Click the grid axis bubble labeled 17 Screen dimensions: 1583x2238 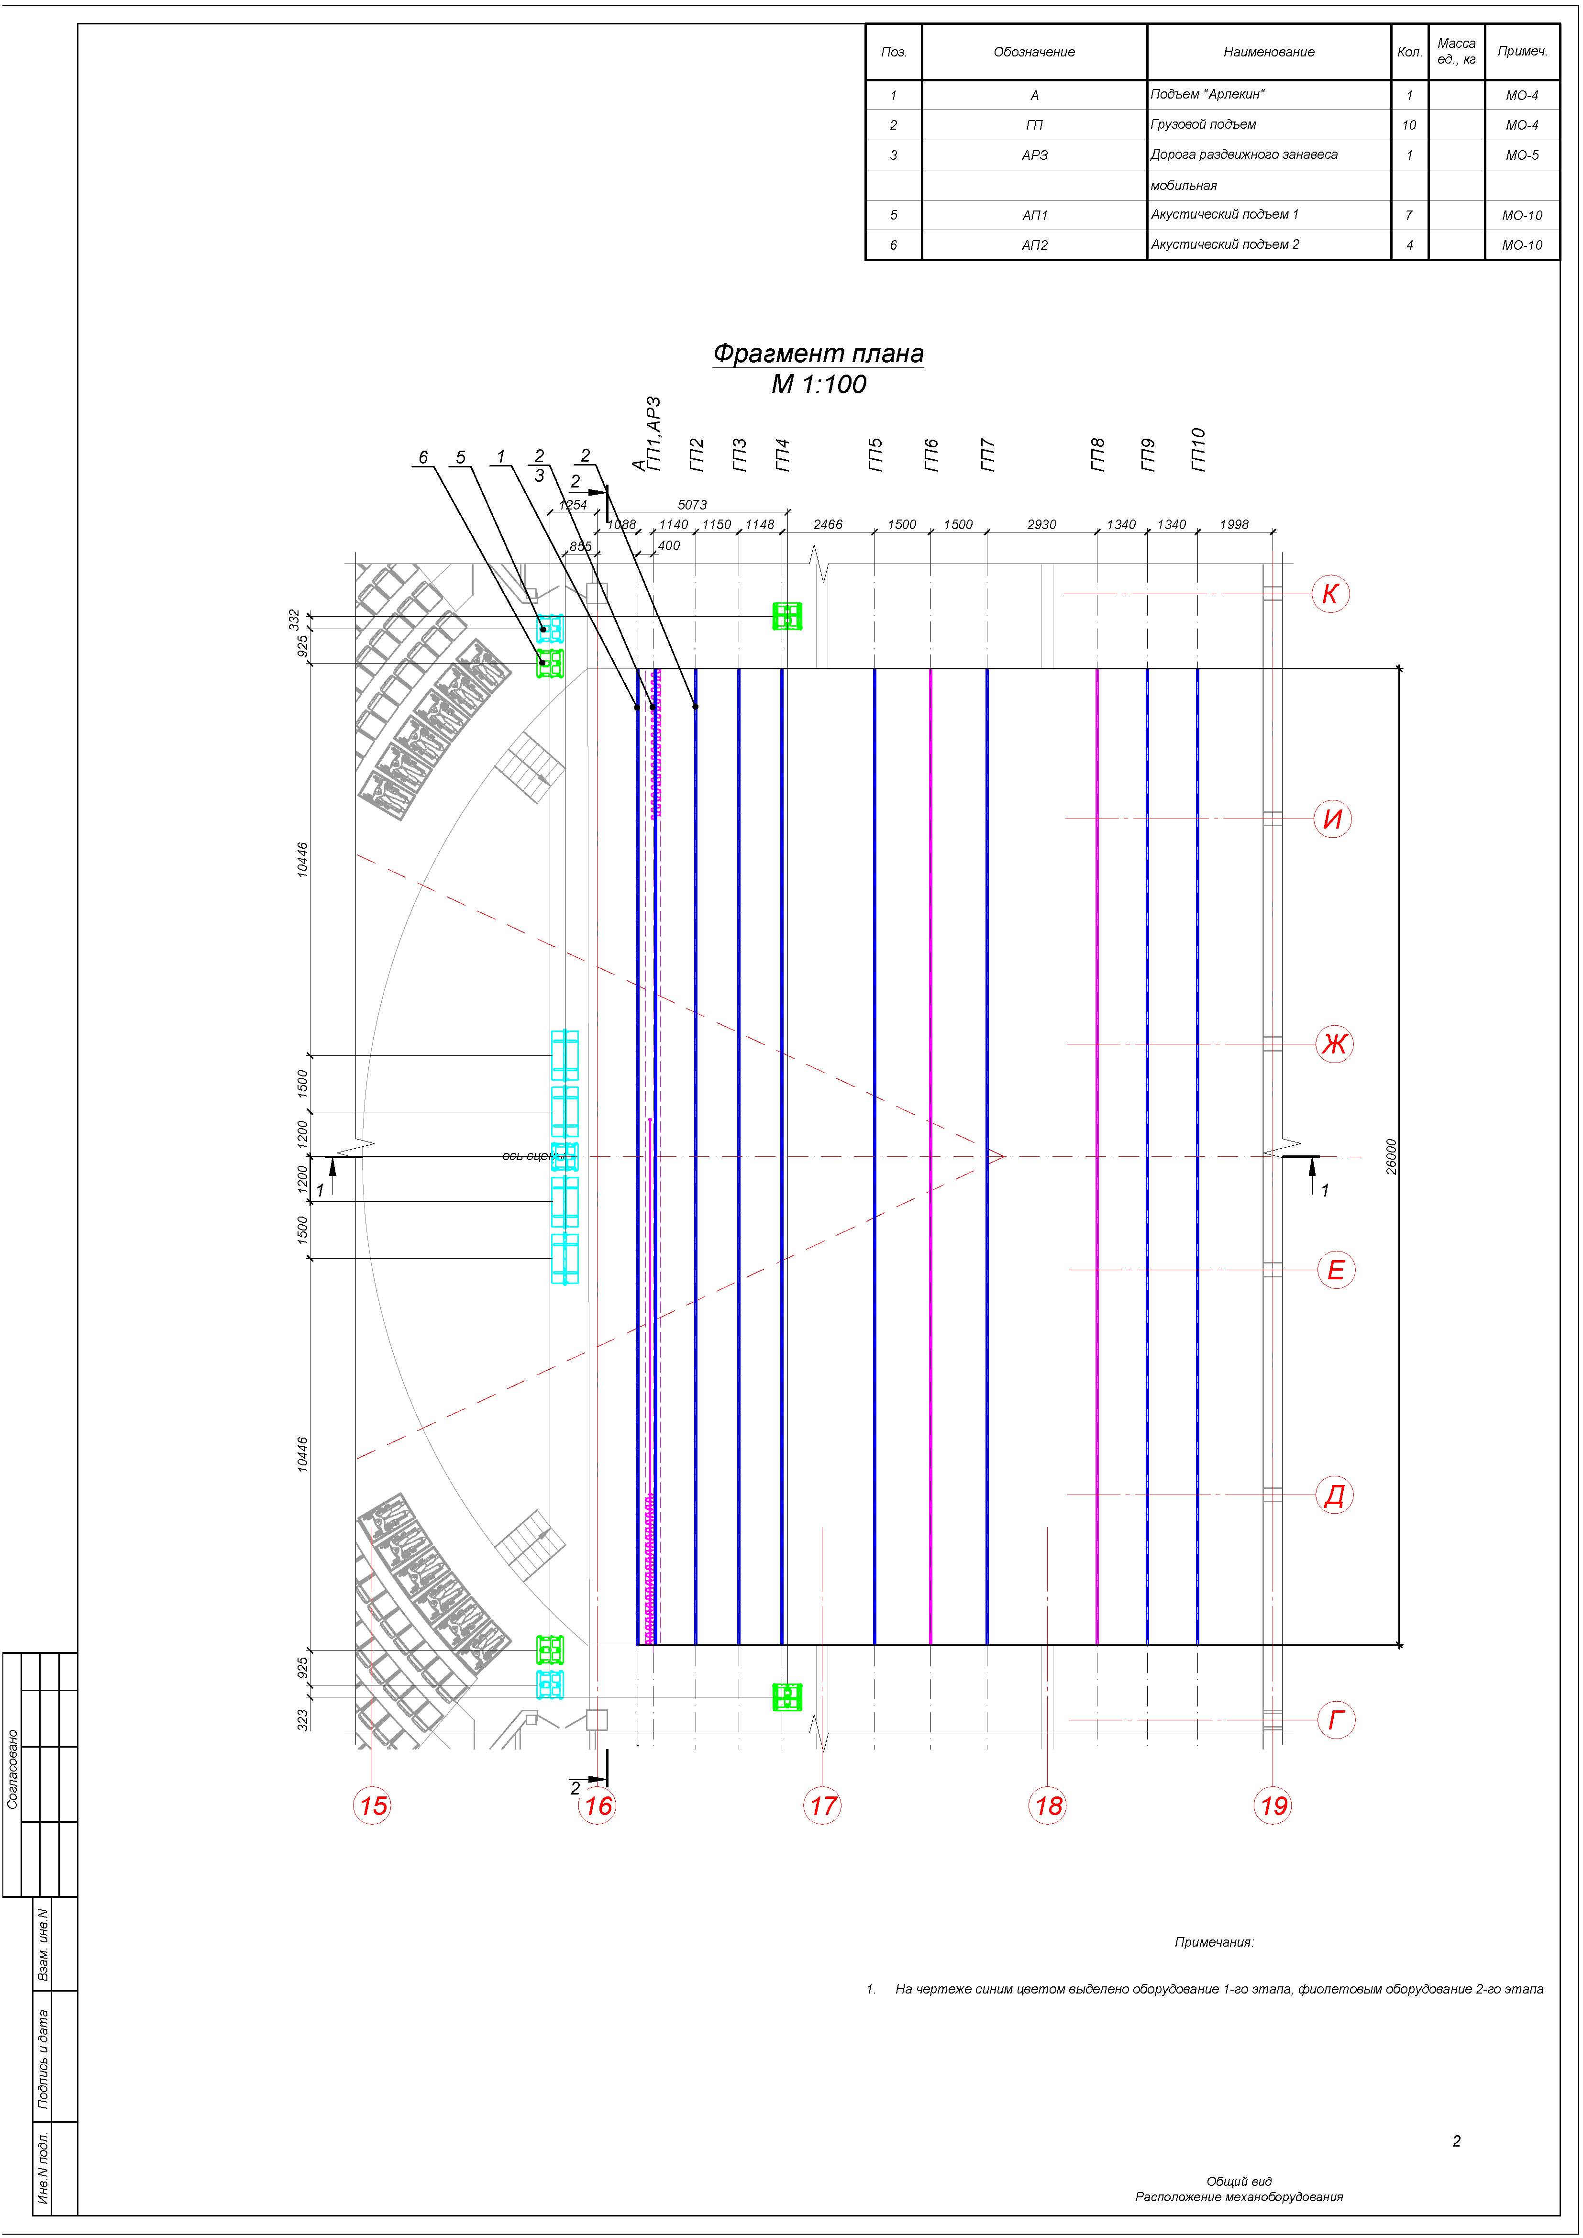[x=823, y=1806]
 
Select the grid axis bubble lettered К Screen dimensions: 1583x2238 [x=1330, y=594]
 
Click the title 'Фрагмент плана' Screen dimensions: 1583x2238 [x=818, y=353]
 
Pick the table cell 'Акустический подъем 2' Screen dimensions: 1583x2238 [x=1224, y=244]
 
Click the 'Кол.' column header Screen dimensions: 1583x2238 [x=1409, y=52]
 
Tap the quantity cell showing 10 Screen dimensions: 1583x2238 [x=1409, y=125]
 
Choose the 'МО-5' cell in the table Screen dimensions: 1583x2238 [x=1522, y=155]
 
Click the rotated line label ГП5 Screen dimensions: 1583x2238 [x=875, y=455]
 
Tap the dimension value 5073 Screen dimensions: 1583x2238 [x=692, y=505]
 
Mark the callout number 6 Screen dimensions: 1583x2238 [x=423, y=457]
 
